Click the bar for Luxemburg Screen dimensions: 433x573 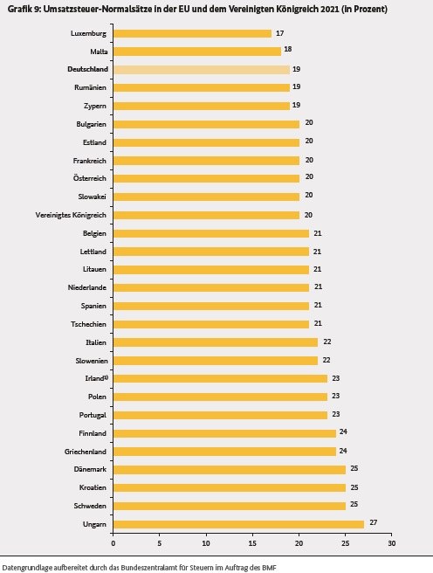coord(192,33)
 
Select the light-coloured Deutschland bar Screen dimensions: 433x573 coord(202,69)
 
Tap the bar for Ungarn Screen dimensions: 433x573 coord(239,524)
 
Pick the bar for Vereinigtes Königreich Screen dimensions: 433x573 coord(206,215)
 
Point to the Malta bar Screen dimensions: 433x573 coord(197,52)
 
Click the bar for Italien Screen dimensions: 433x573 coord(216,342)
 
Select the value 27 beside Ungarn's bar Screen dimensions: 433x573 coord(373,522)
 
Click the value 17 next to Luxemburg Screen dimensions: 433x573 coord(280,33)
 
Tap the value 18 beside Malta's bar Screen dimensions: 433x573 coord(288,49)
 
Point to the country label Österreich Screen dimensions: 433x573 coord(89,178)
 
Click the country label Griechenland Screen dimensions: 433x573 coord(86,452)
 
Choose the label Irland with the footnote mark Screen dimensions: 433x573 coord(96,378)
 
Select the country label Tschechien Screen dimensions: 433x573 coord(89,324)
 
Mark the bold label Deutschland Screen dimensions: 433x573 coord(87,69)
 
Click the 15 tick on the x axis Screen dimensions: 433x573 coord(252,543)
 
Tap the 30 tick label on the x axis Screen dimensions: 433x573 coord(391,543)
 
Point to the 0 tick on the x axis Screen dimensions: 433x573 coord(113,543)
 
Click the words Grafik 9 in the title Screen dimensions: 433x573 coord(24,9)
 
